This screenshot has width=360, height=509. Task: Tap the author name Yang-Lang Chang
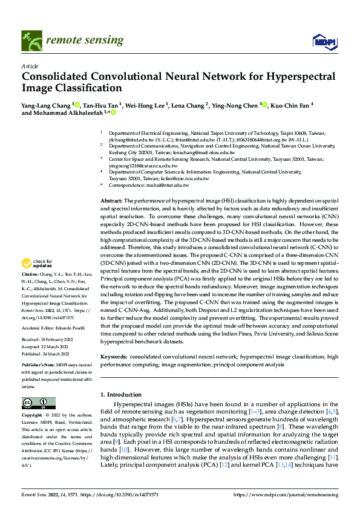pos(46,105)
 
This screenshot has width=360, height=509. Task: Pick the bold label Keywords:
pos(113,358)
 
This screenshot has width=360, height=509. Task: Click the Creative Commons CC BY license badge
pos(38,403)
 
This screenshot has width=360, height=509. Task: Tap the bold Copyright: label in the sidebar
pos(33,415)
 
